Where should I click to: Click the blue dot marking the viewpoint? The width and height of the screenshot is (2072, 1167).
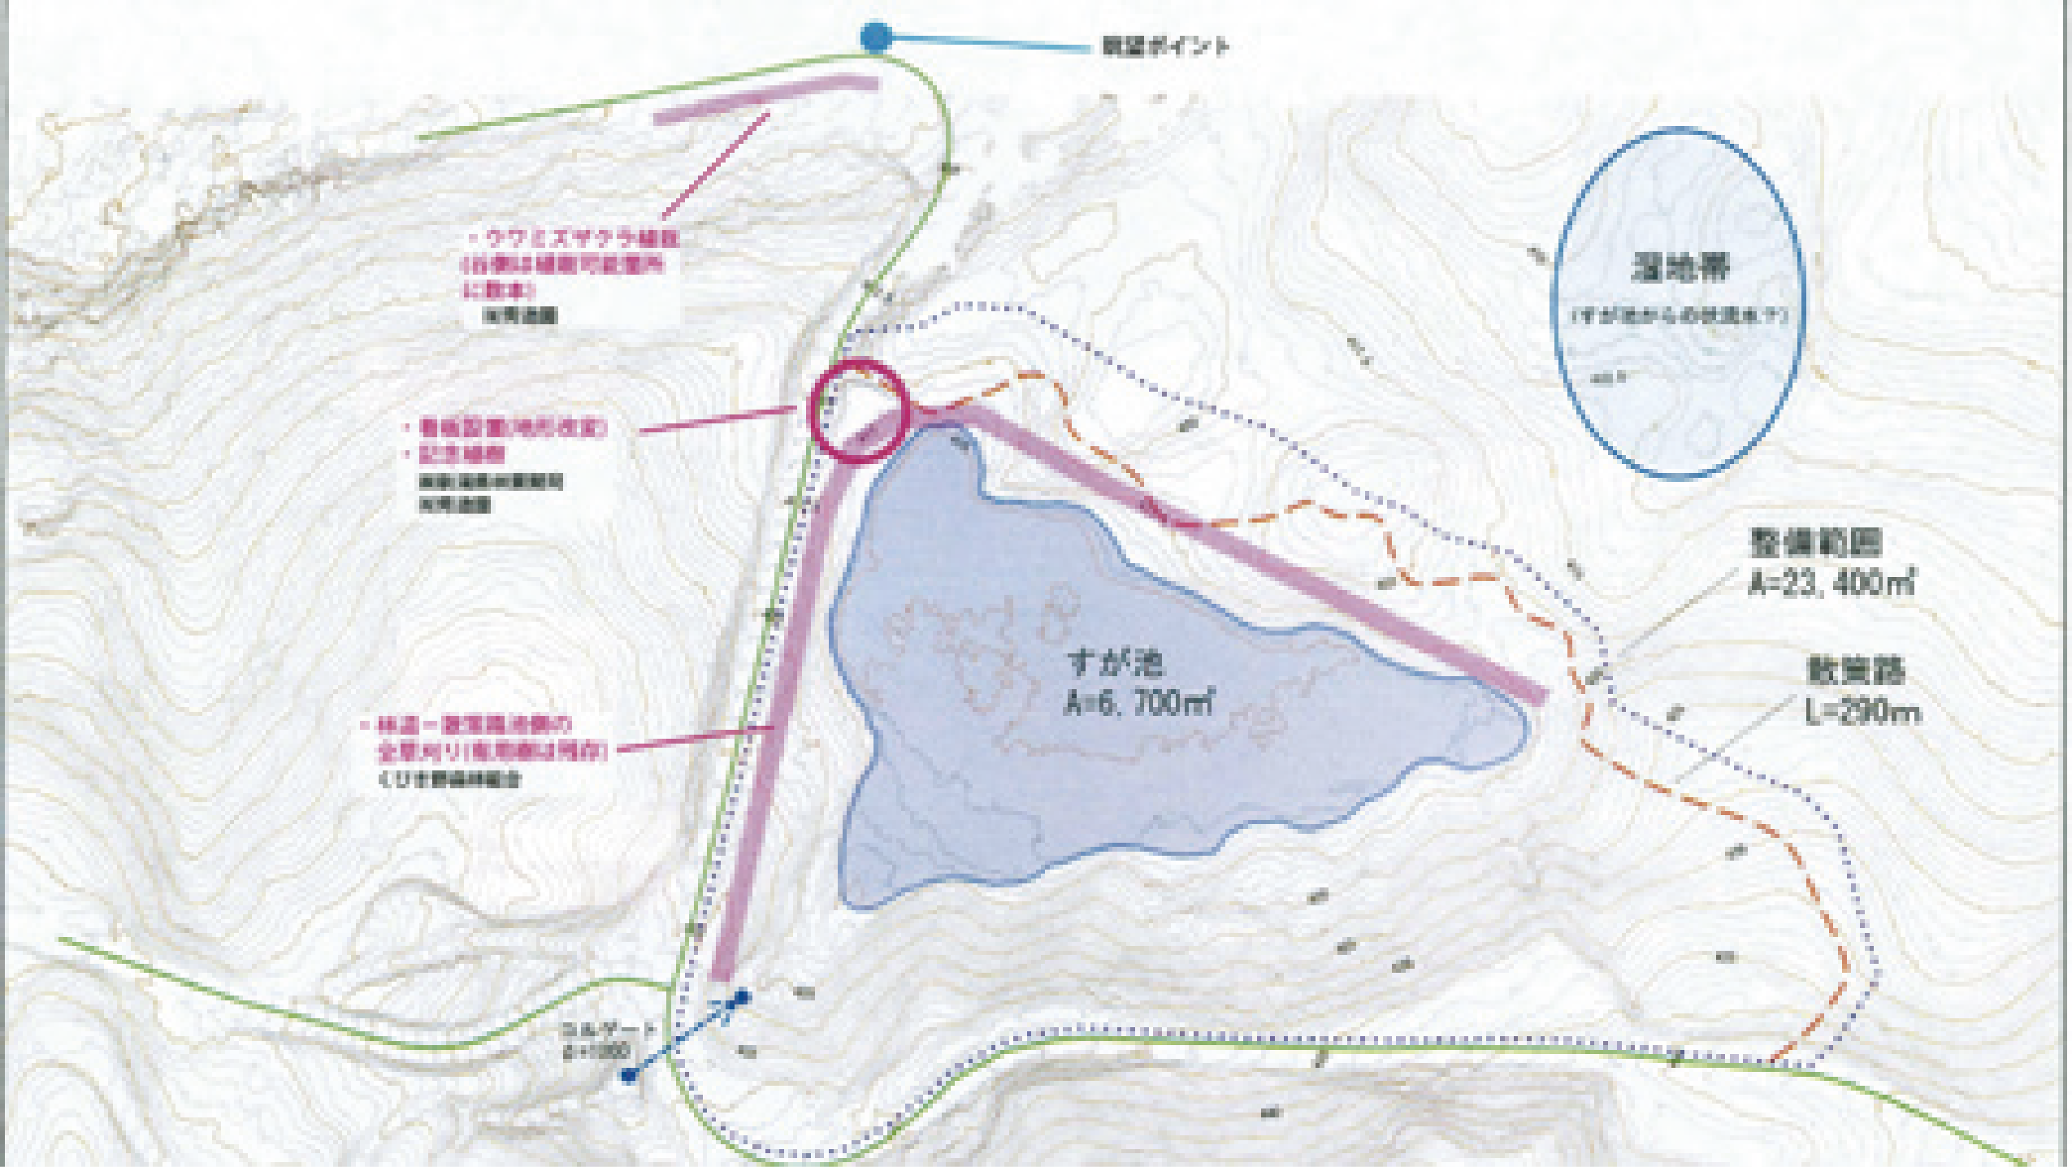pos(876,37)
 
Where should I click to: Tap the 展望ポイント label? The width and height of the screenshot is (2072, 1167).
pos(1165,46)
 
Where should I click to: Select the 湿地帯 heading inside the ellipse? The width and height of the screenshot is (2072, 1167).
pos(1680,268)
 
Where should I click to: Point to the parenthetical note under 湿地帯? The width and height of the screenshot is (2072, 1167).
pos(1680,315)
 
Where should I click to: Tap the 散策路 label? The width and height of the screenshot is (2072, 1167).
pos(1855,671)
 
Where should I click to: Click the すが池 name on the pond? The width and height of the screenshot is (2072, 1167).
pos(1116,664)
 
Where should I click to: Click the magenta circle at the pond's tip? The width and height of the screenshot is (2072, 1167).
pos(858,410)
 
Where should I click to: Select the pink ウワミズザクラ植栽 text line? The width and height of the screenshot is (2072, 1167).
pos(582,239)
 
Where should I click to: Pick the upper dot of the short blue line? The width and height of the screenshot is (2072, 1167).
pos(742,996)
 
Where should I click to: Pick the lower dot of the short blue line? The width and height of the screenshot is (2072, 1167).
pos(628,1076)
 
